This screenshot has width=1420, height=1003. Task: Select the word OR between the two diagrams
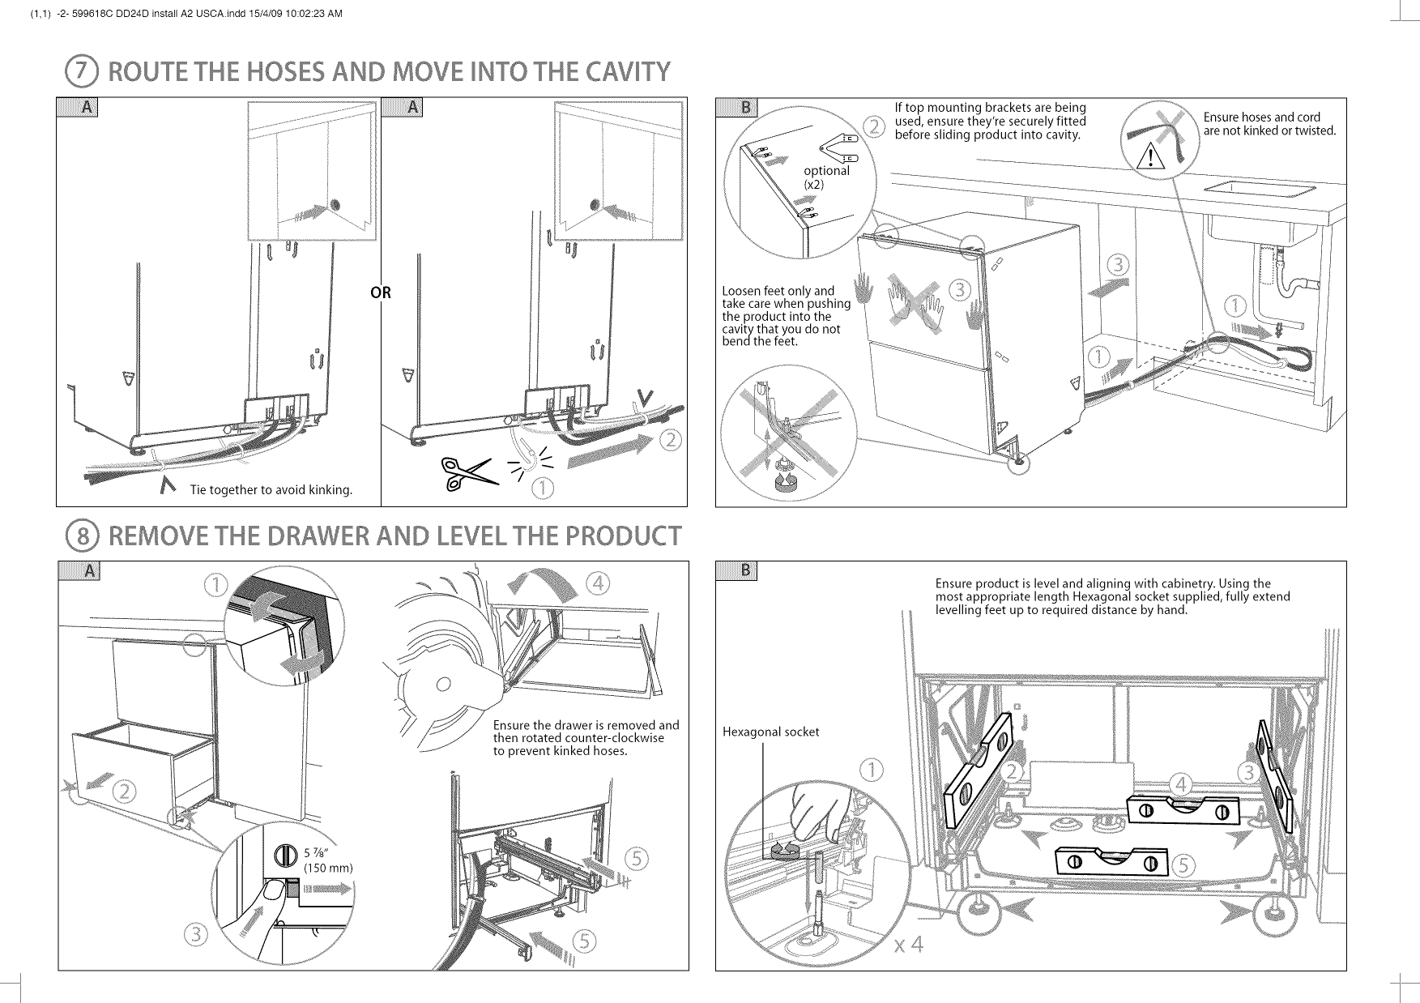[381, 293]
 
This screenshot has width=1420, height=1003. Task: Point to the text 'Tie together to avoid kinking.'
[271, 490]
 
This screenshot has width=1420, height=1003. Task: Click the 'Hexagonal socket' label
[770, 732]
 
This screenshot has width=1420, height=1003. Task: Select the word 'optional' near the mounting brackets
[826, 171]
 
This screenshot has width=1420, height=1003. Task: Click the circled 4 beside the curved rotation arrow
[599, 584]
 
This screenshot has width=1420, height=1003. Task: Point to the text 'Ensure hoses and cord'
[1262, 117]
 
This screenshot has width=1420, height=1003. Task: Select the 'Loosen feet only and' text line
[778, 291]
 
